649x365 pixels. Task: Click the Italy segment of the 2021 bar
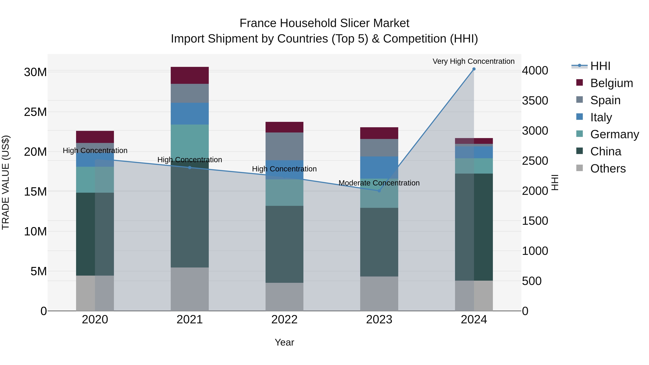tap(189, 113)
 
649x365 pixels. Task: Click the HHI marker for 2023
tap(379, 191)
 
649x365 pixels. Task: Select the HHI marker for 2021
tap(189, 167)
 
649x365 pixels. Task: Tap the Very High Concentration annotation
tap(473, 61)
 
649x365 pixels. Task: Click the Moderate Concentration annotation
tap(379, 183)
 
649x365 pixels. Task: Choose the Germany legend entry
tap(614, 134)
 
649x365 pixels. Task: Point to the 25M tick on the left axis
tap(35, 112)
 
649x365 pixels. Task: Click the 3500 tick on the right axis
tap(535, 101)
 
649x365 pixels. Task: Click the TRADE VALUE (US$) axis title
tap(6, 182)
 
